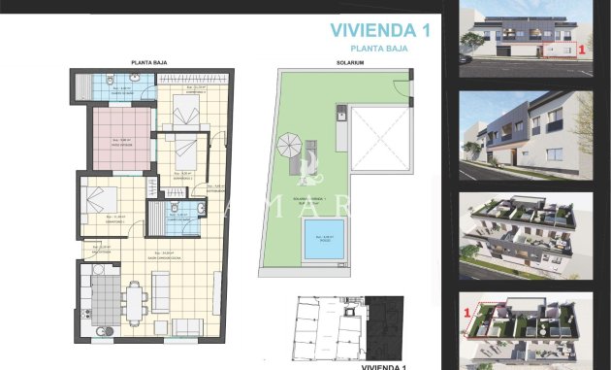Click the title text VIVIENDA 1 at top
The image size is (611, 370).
point(379,30)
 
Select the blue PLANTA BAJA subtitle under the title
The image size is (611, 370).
point(379,48)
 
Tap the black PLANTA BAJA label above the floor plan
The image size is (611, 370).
point(150,61)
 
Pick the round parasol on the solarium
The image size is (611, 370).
point(290,148)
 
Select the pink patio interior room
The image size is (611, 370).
point(122,138)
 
